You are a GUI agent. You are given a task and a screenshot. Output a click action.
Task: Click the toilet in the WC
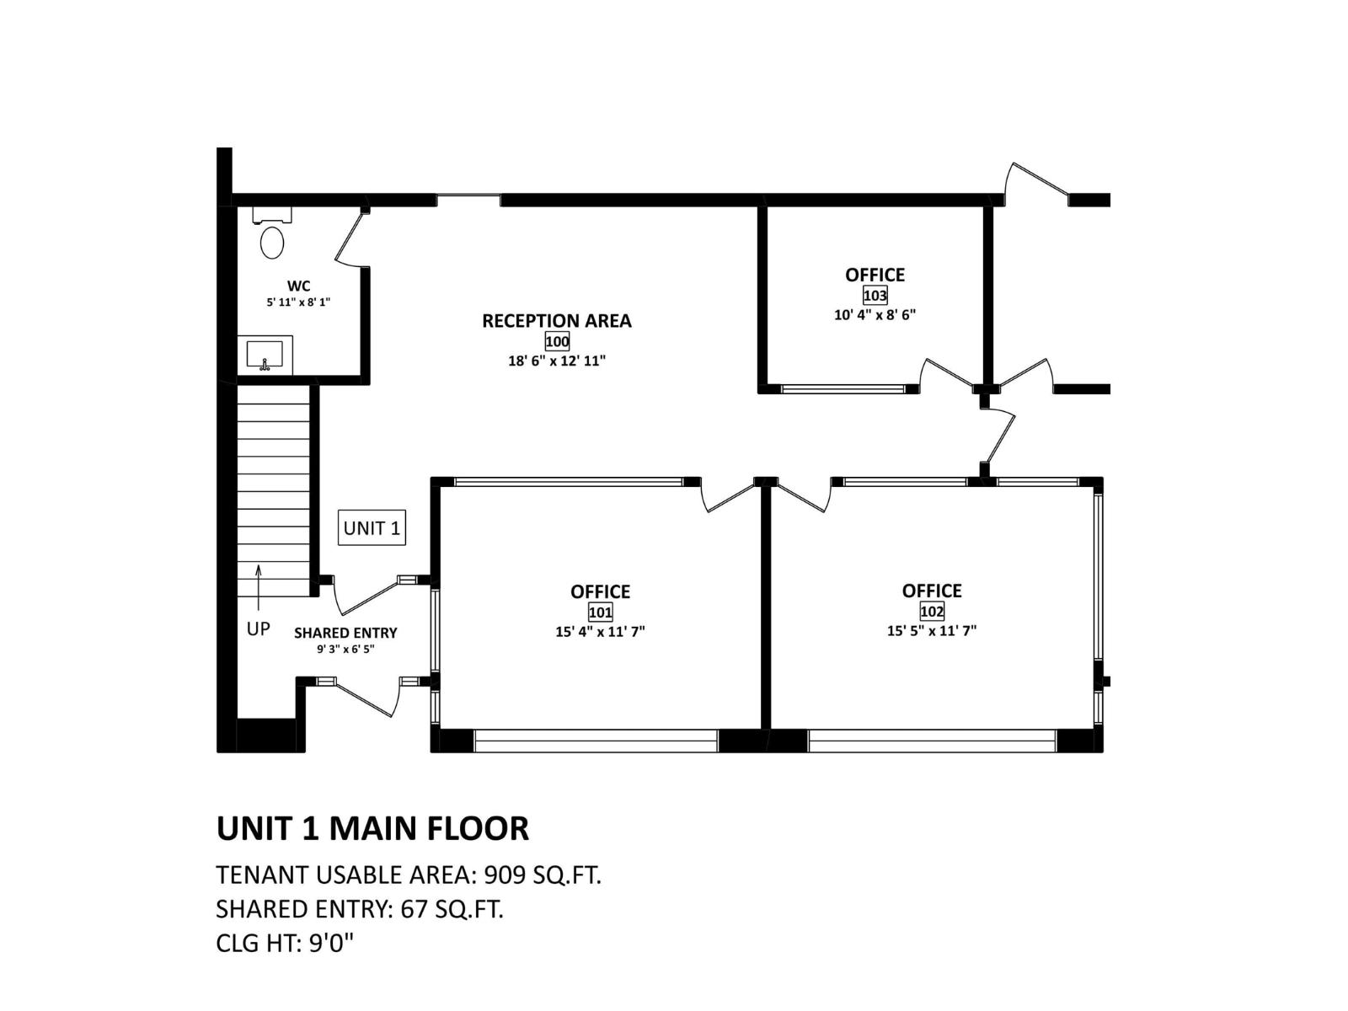271,238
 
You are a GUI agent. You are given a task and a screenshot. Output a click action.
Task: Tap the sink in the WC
265,354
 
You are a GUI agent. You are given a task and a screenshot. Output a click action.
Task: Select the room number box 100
557,341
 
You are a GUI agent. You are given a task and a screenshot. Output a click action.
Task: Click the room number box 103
875,296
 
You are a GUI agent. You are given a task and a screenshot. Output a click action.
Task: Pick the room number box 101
600,612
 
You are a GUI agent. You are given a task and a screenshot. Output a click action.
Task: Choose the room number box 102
931,612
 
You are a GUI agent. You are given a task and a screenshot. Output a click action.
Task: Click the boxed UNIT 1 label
372,528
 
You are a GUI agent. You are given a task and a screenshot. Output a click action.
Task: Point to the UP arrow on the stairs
259,586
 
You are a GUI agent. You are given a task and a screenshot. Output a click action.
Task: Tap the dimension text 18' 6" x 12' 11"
557,361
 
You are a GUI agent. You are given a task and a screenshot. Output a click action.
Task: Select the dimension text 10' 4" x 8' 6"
875,315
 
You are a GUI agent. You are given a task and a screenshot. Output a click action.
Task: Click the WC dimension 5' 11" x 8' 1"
298,302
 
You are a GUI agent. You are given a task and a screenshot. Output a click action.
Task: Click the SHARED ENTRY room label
345,633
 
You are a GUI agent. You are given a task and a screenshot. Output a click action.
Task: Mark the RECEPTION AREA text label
556,321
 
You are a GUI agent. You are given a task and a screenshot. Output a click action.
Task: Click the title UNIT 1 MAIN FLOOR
372,828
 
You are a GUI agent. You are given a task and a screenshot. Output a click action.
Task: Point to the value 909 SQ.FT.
543,875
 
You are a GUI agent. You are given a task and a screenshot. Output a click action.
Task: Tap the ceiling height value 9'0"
332,943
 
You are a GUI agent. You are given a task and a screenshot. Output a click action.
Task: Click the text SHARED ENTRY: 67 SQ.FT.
360,909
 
